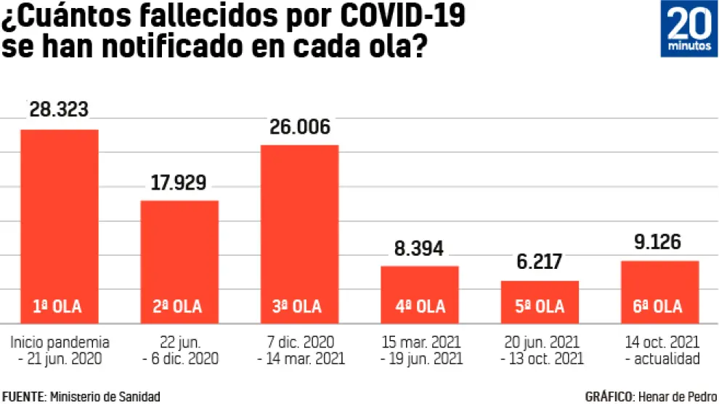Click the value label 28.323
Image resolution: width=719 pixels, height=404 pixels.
[x=59, y=110]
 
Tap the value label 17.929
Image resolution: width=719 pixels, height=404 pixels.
[x=179, y=182]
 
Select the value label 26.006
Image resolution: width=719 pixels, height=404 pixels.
[x=299, y=126]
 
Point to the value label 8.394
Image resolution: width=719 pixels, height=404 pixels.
[x=420, y=248]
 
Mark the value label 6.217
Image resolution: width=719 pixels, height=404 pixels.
[x=540, y=262]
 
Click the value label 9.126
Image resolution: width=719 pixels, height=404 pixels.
[x=660, y=242]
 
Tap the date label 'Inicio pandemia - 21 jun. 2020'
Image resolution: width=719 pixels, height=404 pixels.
[x=60, y=350]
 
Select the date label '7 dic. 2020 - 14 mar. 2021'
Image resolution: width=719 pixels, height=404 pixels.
[x=299, y=350]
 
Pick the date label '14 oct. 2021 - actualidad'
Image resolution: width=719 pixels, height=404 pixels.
[x=661, y=350]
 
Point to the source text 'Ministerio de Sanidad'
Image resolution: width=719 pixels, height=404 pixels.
[x=104, y=396]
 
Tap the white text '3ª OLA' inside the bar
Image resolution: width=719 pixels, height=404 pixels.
[x=299, y=307]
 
